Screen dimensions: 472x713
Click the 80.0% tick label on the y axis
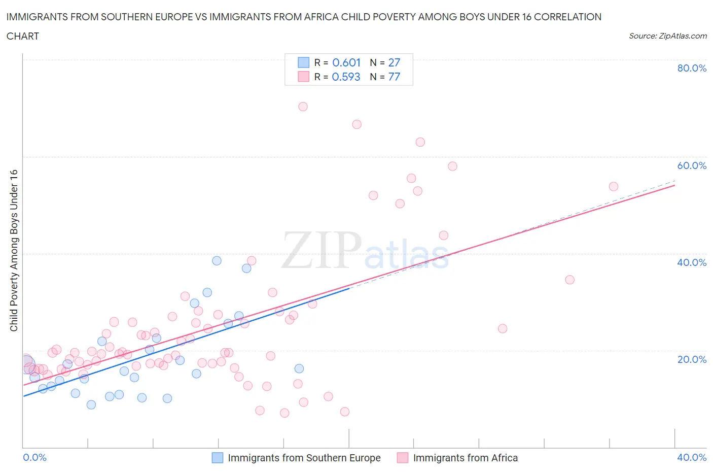click(x=692, y=68)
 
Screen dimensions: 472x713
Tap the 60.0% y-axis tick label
click(x=692, y=165)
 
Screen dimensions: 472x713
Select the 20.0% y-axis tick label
click(x=692, y=359)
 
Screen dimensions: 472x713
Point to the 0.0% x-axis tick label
click(x=34, y=457)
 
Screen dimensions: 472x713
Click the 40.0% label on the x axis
click(x=692, y=457)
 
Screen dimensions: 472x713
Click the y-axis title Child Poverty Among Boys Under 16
click(x=14, y=250)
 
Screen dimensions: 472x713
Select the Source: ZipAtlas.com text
click(x=667, y=36)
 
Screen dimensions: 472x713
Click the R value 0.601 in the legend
click(x=346, y=62)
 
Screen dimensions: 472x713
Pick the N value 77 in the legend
click(x=394, y=77)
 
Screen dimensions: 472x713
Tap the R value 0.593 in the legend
click(x=346, y=77)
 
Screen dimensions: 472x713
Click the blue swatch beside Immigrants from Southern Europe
click(x=217, y=458)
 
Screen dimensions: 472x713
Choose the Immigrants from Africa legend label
click(x=466, y=458)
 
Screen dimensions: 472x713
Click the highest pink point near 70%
click(x=303, y=107)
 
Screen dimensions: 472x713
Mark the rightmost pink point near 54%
click(x=613, y=186)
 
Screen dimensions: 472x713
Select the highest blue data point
click(x=217, y=261)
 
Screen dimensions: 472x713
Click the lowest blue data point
click(x=91, y=404)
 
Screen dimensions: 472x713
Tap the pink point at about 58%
click(x=452, y=166)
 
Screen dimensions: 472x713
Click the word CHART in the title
click(x=23, y=36)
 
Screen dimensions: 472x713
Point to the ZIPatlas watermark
click(x=365, y=250)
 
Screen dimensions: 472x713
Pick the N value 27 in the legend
click(x=394, y=62)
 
